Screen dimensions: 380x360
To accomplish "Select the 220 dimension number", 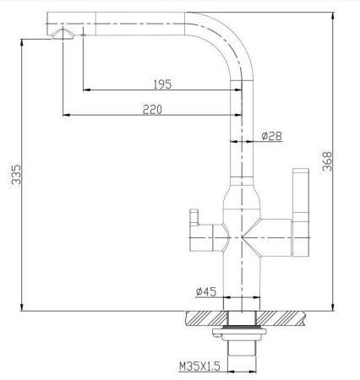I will click(152, 108).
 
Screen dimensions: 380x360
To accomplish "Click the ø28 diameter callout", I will click(270, 136).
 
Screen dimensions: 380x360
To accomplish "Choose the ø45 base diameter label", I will click(207, 291).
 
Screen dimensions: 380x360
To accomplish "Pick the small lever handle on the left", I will click(193, 224).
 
